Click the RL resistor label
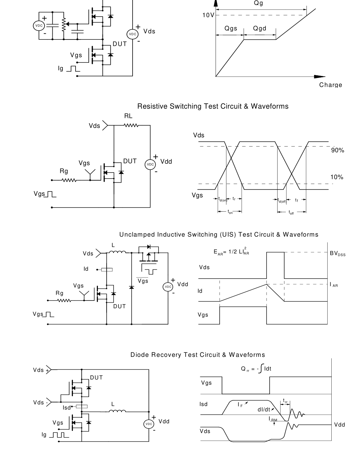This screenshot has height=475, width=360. click(x=128, y=116)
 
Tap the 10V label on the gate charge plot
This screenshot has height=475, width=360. click(x=208, y=15)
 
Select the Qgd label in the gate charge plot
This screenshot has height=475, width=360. click(x=260, y=28)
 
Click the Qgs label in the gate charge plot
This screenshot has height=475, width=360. click(x=231, y=28)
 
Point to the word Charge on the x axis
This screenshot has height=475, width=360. click(x=331, y=85)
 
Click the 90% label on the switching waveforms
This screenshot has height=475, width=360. click(x=337, y=150)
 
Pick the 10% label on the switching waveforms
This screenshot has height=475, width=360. click(x=337, y=177)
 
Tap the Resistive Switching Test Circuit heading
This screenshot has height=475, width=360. click(x=213, y=106)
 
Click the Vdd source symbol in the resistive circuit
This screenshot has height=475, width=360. click(x=150, y=164)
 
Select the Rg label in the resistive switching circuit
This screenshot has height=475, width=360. click(x=64, y=171)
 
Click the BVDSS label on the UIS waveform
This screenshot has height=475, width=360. click(x=337, y=254)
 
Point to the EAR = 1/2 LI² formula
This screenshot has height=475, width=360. click(x=231, y=252)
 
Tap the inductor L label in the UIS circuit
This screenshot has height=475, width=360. click(x=113, y=245)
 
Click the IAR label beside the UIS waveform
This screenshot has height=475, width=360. click(x=334, y=285)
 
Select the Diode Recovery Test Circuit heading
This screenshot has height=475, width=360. click(x=198, y=355)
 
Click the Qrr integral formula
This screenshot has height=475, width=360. click(x=256, y=369)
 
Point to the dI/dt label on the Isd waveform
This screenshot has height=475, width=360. click(x=264, y=410)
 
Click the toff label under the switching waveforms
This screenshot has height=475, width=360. click(x=291, y=213)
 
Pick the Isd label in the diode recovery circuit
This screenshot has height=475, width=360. click(x=67, y=408)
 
